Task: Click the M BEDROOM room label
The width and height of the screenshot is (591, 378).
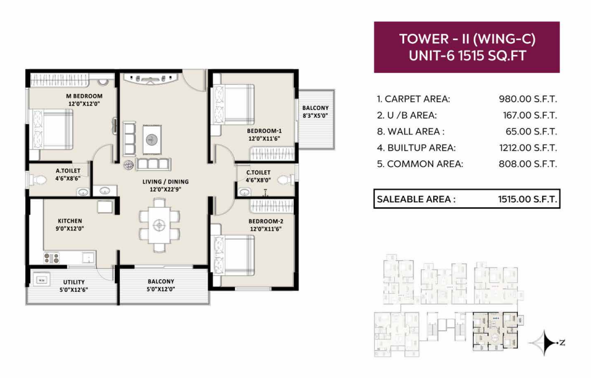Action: [84, 96]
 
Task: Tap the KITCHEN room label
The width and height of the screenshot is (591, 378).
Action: [70, 221]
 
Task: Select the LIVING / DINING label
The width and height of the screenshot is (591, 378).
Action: [165, 181]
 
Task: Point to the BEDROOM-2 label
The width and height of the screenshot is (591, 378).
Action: [266, 221]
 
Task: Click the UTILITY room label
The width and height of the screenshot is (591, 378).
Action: [74, 282]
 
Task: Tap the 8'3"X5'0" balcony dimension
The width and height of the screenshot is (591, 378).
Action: [316, 116]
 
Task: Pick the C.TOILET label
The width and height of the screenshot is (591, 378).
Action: [258, 173]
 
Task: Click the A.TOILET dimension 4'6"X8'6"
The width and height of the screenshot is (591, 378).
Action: [68, 179]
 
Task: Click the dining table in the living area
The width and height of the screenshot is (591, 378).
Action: [159, 225]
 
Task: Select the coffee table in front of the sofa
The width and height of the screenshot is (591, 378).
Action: [152, 140]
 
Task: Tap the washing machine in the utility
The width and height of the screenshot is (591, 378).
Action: [42, 280]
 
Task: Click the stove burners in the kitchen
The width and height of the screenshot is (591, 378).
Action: [52, 258]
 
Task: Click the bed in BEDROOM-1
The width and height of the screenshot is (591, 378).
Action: [233, 104]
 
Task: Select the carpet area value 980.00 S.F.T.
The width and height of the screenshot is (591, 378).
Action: [528, 99]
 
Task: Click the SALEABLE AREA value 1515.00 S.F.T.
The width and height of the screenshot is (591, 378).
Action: [527, 199]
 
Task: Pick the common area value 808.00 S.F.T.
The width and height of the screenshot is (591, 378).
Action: [528, 164]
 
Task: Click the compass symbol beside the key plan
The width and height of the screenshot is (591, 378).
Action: [545, 343]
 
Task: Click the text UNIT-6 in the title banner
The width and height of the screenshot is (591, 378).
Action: [432, 55]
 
